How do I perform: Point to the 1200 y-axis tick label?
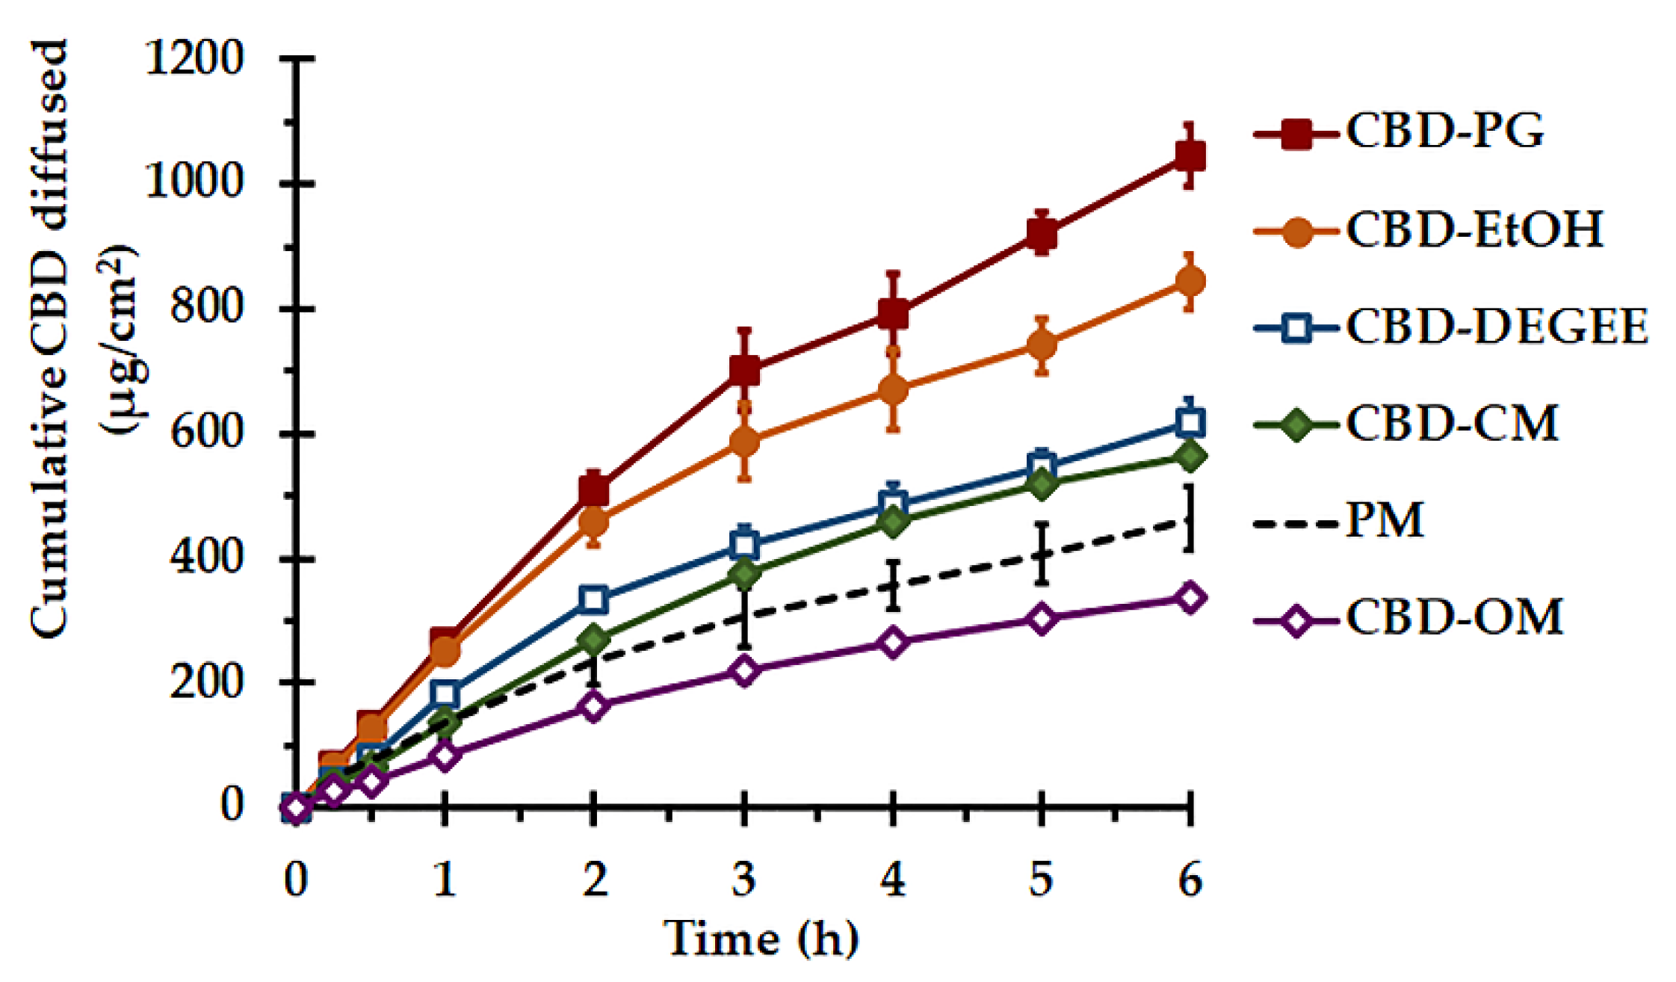(x=194, y=58)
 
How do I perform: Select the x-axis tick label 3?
(x=743, y=880)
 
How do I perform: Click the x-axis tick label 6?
(x=1190, y=880)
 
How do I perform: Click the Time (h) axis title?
(x=760, y=939)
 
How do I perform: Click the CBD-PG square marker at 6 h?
(x=1190, y=155)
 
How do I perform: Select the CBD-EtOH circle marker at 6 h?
(x=1190, y=282)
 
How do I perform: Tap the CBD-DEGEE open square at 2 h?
(x=594, y=599)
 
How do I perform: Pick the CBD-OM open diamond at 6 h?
(x=1190, y=598)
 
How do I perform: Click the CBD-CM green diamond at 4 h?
(x=892, y=522)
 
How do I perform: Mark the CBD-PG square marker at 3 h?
(x=743, y=369)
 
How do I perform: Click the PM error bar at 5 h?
(x=1041, y=554)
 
